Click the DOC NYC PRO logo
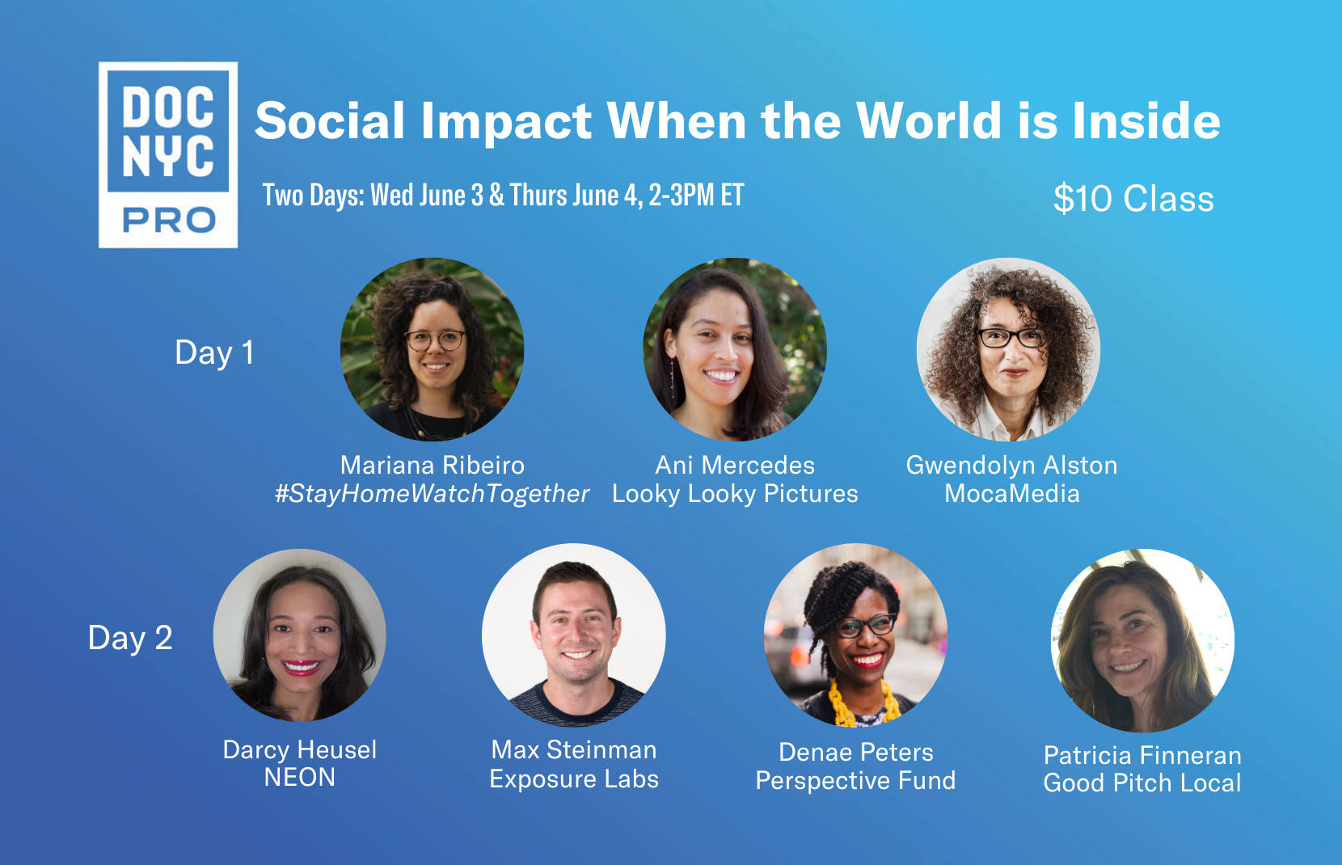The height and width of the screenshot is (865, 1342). pyautogui.click(x=168, y=155)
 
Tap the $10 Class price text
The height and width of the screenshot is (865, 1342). pyautogui.click(x=1133, y=198)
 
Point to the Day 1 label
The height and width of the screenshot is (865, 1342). pyautogui.click(x=214, y=352)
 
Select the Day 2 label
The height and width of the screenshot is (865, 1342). pyautogui.click(x=130, y=638)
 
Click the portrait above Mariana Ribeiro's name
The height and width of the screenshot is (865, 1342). pyautogui.click(x=432, y=350)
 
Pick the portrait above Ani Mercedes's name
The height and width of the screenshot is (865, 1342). pyautogui.click(x=735, y=350)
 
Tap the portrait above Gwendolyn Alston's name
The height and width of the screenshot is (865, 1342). pyautogui.click(x=1008, y=350)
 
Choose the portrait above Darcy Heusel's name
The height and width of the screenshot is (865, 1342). pyautogui.click(x=300, y=635)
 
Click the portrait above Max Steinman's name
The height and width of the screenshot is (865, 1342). pyautogui.click(x=574, y=635)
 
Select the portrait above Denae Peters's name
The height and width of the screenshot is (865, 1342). pyautogui.click(x=855, y=635)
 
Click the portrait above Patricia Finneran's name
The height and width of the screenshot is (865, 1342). pyautogui.click(x=1142, y=640)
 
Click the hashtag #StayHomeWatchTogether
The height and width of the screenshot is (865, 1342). pyautogui.click(x=432, y=494)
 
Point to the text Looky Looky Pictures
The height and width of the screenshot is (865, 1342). pyautogui.click(x=735, y=494)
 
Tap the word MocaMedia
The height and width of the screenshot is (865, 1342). pyautogui.click(x=1012, y=494)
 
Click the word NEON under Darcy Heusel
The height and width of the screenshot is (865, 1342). pyautogui.click(x=300, y=778)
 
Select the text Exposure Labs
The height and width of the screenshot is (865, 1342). pyautogui.click(x=574, y=779)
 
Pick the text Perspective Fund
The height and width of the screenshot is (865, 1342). pyautogui.click(x=855, y=781)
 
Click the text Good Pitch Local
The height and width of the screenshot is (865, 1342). pyautogui.click(x=1142, y=783)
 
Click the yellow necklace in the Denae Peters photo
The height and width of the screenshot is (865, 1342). pyautogui.click(x=863, y=705)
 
